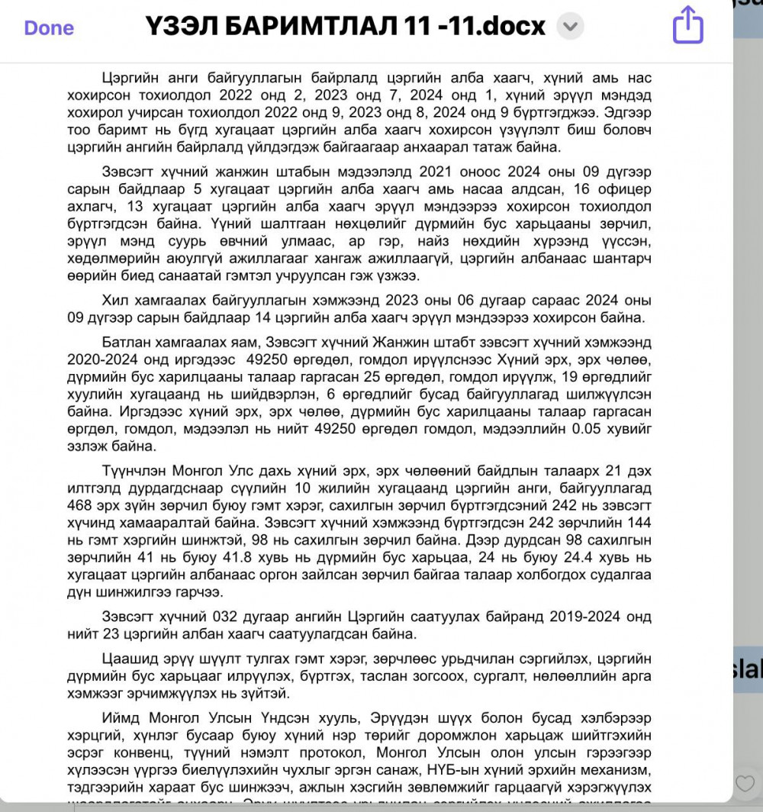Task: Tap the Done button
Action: click(x=49, y=28)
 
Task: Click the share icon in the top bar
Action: click(x=687, y=25)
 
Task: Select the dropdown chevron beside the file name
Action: click(x=570, y=27)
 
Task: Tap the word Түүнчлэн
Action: click(x=137, y=470)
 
